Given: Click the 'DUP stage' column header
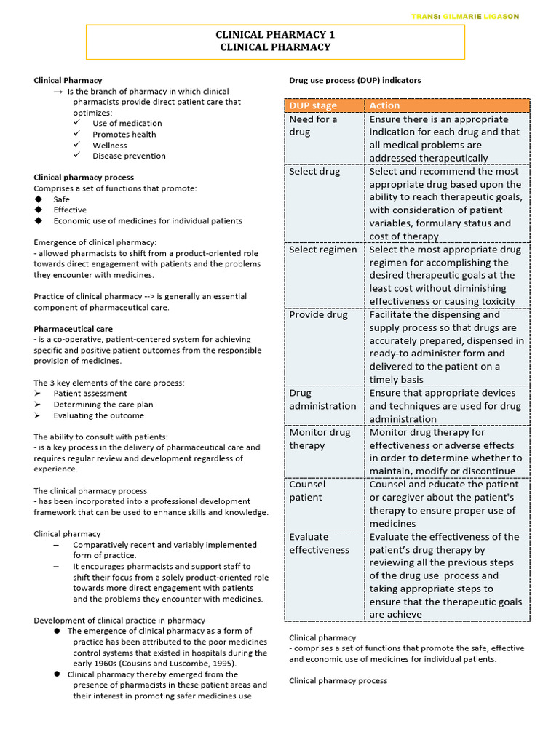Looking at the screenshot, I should tap(313, 105).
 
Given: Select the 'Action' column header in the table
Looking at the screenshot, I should tap(384, 105).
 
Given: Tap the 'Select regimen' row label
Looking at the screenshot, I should tap(323, 250).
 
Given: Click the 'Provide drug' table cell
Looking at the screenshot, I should tap(317, 315).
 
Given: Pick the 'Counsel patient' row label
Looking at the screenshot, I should tap(307, 490).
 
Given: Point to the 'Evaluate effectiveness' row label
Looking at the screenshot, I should tap(319, 543).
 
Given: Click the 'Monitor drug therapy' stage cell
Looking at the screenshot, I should tap(320, 439).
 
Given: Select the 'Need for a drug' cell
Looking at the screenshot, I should tap(313, 125).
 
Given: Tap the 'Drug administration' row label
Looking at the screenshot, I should tap(322, 399).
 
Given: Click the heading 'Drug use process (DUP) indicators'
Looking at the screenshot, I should tap(354, 80).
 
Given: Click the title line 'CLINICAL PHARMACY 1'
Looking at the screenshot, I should tap(275, 35).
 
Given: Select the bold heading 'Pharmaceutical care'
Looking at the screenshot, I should tap(73, 329).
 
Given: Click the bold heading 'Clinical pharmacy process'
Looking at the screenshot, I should tap(84, 178).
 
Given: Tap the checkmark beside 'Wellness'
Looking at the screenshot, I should tap(76, 145).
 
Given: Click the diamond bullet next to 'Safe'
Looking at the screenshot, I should tap(39, 199).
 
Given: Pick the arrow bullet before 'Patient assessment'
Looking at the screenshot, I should tap(39, 394).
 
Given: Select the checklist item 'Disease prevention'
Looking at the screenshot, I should tap(129, 156).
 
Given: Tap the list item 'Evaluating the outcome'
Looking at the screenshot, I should tap(98, 415).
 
